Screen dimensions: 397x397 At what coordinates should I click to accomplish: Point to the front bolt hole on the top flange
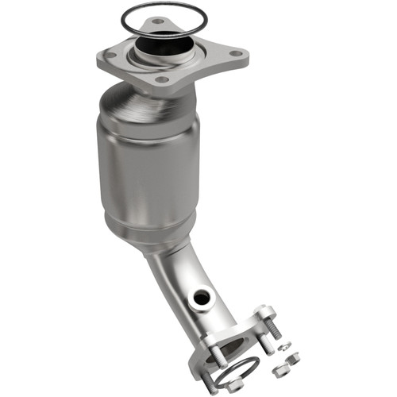pos(162,79)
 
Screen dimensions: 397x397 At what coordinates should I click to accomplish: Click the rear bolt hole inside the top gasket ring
pos(159,21)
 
